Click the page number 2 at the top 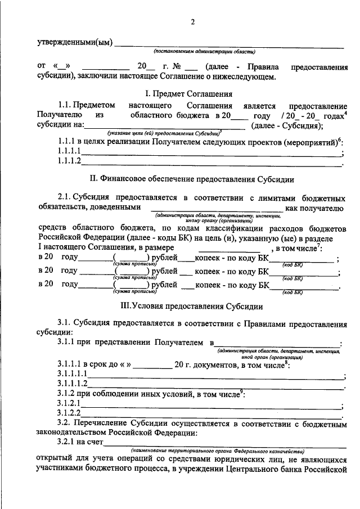pos(193,22)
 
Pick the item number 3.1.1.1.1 pos(72,373)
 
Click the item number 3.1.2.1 pos(69,404)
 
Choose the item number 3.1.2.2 pos(69,414)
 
